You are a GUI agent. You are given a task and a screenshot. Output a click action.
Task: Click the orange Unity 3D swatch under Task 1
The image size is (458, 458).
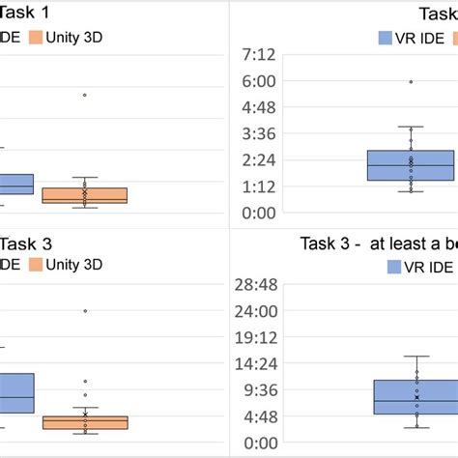pos(36,38)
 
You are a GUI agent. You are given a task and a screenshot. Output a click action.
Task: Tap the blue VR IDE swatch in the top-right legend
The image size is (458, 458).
pos(384,40)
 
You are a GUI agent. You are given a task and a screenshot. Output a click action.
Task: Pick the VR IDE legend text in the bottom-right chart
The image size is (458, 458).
pos(424,266)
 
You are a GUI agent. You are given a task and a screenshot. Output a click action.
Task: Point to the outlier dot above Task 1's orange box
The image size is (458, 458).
pos(85,95)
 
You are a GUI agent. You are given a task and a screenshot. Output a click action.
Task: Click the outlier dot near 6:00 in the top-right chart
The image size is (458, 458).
pos(411,82)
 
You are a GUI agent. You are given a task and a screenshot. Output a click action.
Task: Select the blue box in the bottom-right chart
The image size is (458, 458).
pos(415,396)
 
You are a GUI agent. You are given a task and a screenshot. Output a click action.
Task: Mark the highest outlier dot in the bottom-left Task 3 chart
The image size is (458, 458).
pos(85,311)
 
